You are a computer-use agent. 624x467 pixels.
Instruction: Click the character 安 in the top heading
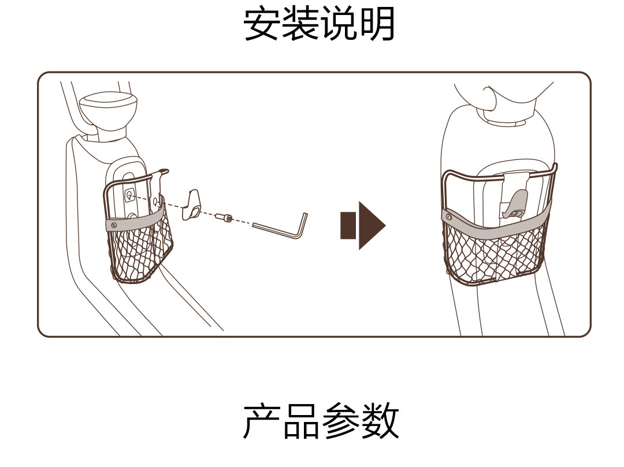click(262, 24)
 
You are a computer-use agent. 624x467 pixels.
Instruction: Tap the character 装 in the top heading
click(300, 24)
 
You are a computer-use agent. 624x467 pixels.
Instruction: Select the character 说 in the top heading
click(339, 24)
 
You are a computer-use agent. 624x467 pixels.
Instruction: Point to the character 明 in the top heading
click(377, 24)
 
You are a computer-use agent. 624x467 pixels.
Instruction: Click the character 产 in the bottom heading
click(262, 421)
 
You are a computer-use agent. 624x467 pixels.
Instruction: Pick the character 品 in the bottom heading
click(300, 421)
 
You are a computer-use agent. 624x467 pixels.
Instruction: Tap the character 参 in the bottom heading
click(339, 421)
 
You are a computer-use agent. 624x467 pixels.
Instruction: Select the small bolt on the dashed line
click(223, 218)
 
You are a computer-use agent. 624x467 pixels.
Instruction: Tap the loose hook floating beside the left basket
click(193, 205)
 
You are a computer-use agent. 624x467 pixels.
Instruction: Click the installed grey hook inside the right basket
click(516, 205)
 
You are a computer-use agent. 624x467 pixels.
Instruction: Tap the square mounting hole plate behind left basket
click(129, 195)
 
